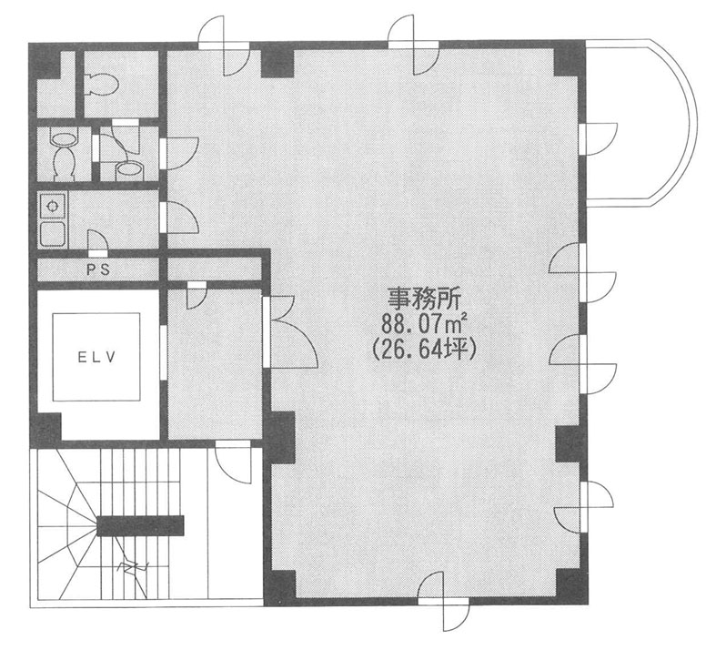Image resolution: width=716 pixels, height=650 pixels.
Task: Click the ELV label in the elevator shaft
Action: [96, 357]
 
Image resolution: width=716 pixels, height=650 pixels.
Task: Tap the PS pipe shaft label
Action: [98, 269]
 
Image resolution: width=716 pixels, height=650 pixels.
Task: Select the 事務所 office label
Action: [425, 300]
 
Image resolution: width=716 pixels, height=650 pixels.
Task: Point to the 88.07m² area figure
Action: [424, 324]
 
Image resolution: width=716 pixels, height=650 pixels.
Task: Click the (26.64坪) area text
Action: [425, 350]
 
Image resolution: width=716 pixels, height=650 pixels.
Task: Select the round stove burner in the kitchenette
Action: [54, 207]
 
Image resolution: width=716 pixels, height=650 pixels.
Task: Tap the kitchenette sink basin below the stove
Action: [53, 233]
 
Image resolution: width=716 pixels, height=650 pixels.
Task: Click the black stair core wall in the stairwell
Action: [140, 525]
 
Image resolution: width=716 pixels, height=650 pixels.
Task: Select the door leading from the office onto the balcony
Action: [599, 139]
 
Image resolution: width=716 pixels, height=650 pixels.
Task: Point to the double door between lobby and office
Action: [290, 331]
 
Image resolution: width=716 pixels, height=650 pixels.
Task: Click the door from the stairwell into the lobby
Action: [233, 462]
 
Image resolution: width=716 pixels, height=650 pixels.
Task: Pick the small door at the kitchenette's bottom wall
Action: [97, 242]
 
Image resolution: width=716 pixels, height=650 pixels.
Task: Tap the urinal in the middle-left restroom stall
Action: [64, 157]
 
